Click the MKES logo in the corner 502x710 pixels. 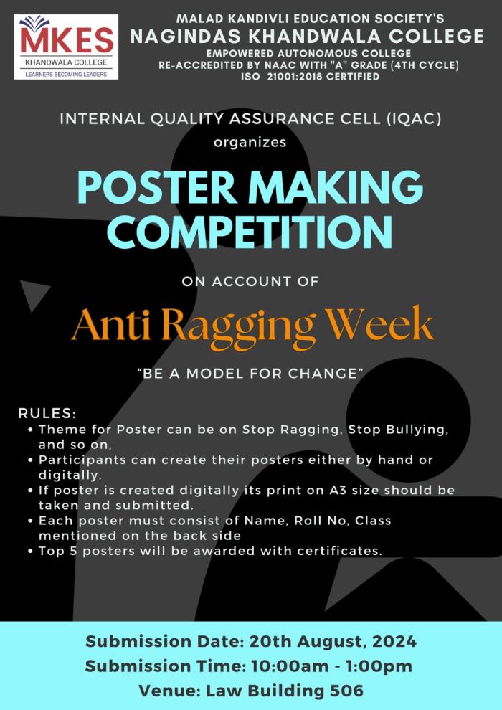tap(66, 47)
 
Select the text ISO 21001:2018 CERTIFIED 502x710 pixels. tap(310, 77)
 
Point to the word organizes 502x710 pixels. tap(250, 142)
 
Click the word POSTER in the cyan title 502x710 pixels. tap(157, 187)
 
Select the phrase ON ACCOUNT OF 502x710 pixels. tap(250, 281)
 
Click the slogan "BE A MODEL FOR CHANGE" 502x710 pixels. tap(250, 374)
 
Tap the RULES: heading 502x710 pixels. tap(47, 413)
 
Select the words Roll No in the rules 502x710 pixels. tap(321, 520)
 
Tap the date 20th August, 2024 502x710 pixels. tap(333, 642)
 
